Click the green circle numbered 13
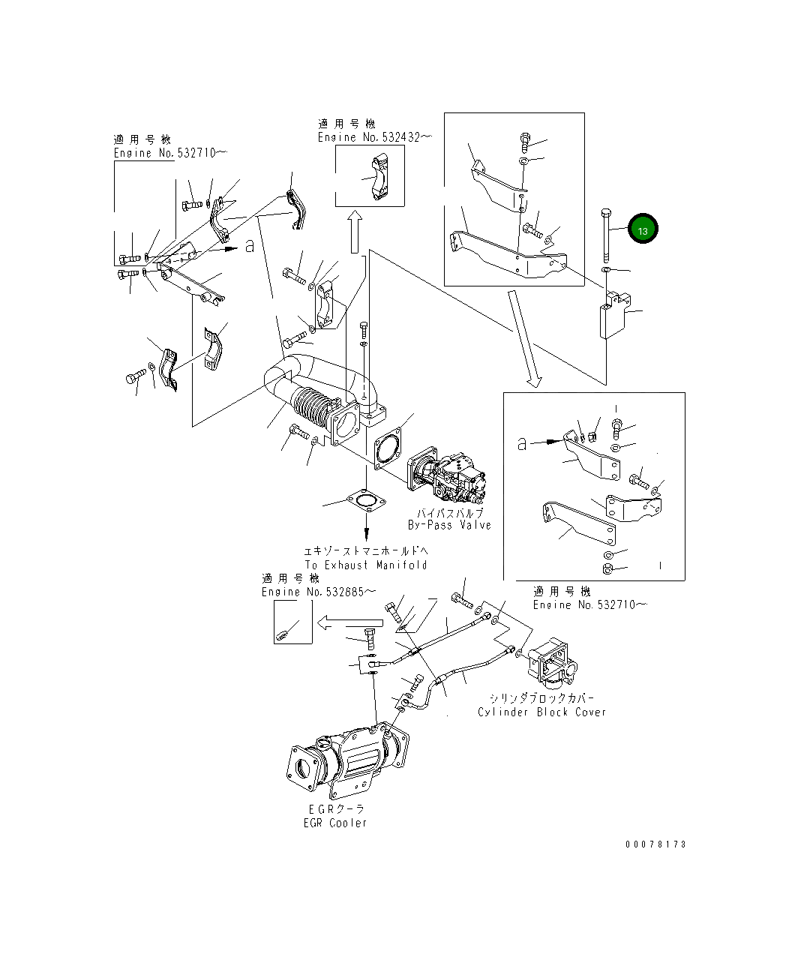[x=643, y=229]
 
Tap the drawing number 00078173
[x=655, y=844]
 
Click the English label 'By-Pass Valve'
[x=449, y=524]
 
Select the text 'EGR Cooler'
[x=335, y=823]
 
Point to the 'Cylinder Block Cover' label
[x=541, y=712]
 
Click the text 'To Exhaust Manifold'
[x=366, y=565]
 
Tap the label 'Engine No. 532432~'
[x=375, y=137]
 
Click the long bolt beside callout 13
[x=606, y=235]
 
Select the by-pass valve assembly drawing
[x=446, y=475]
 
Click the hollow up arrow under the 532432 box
[x=355, y=232]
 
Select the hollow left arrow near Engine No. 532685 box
[x=349, y=623]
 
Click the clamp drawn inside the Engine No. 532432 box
[x=379, y=178]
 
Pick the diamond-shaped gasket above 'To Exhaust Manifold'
[x=366, y=502]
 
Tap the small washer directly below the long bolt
[x=606, y=269]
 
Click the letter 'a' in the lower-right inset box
[x=522, y=444]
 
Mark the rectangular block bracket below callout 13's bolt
[x=615, y=314]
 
